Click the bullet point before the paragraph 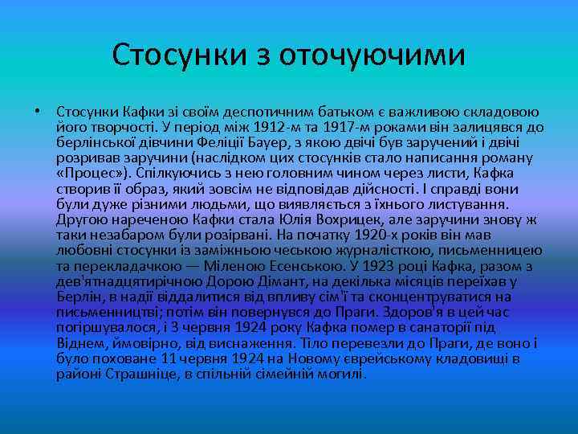pos(38,111)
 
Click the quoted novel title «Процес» pos(90,173)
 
